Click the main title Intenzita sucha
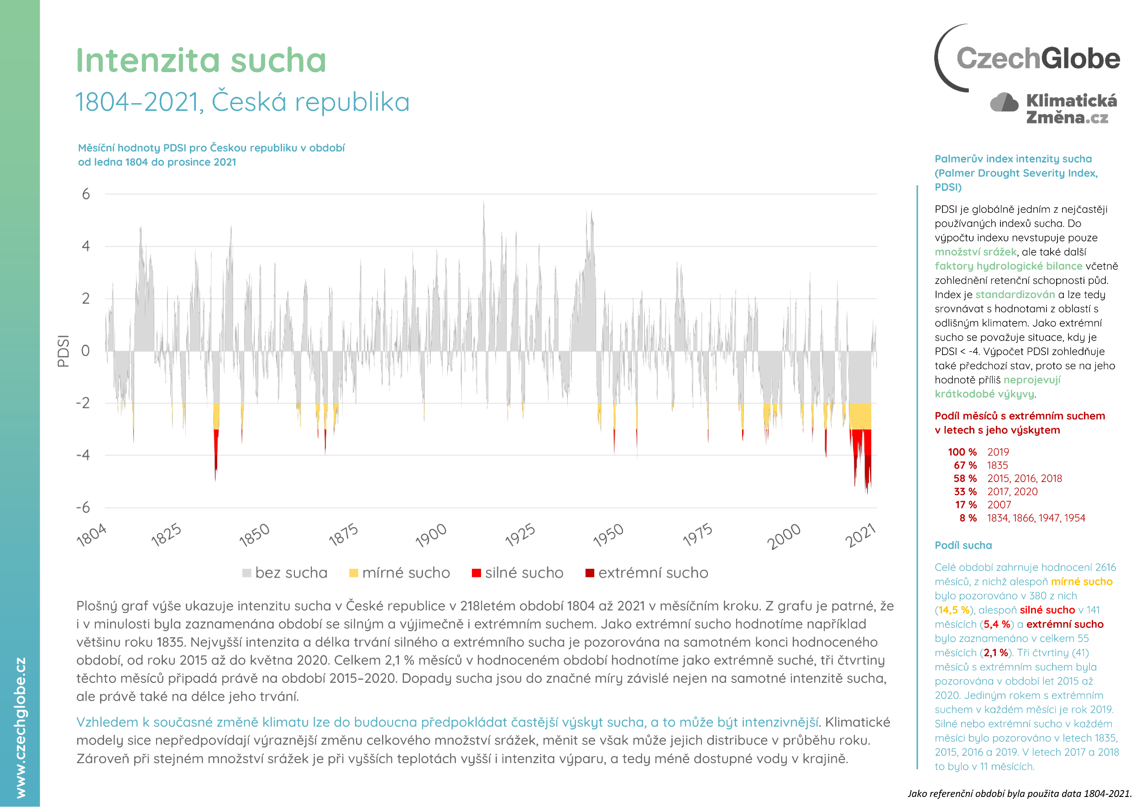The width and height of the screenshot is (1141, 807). point(201,61)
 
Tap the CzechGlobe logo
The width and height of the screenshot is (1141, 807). point(1029,58)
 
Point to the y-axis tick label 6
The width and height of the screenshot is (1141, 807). point(86,194)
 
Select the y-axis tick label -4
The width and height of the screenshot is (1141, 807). point(83,455)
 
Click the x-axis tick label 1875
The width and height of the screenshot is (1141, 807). point(343,535)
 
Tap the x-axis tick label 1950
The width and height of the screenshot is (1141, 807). point(608,535)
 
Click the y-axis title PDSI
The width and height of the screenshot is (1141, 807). point(63,351)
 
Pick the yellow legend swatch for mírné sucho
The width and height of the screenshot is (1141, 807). point(353,573)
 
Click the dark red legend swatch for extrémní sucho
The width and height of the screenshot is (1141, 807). point(589,573)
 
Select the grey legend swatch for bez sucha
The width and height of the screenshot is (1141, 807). point(246,573)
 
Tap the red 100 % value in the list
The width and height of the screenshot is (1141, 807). point(962,452)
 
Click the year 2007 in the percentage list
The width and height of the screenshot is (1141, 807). point(999,505)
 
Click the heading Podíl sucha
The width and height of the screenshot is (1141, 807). point(963,545)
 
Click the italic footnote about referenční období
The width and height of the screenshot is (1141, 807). point(1019,794)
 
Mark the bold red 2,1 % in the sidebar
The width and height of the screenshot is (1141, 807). point(996,652)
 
